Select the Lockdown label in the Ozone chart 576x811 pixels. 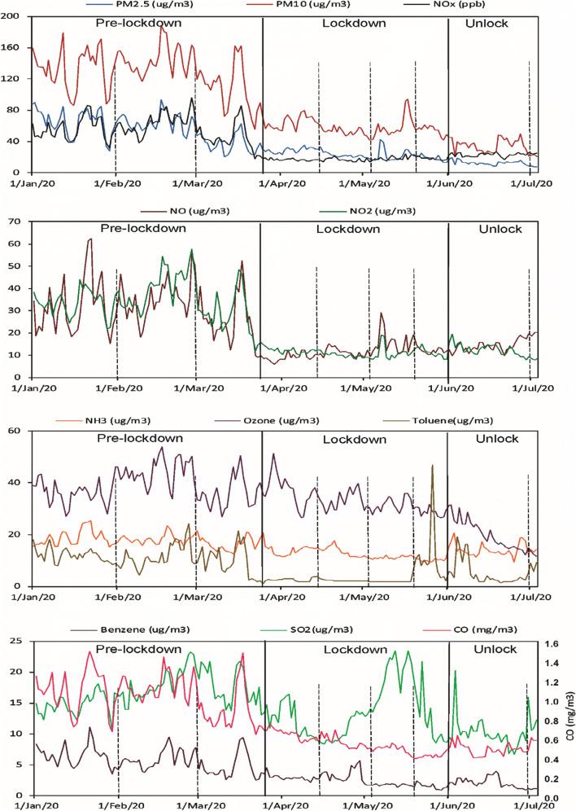(x=354, y=439)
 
